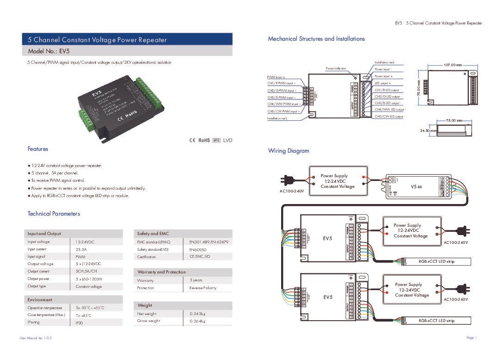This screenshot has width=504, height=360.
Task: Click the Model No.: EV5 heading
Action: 49,51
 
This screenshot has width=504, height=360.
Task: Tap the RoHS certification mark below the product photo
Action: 204,140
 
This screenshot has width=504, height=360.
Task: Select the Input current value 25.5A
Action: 81,249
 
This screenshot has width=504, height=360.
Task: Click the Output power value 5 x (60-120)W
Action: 89,279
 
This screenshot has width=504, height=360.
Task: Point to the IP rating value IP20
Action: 80,323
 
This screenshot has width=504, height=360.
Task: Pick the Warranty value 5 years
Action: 196,280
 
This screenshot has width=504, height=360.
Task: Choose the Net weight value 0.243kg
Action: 197,314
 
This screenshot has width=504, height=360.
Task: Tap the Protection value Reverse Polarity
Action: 203,288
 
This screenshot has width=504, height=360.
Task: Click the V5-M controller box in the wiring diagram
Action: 418,186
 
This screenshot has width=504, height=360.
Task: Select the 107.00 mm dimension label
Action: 453,65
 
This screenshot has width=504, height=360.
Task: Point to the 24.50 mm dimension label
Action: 428,131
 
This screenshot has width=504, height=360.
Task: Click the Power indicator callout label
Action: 336,68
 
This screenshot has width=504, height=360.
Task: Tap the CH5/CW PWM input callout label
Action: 283,112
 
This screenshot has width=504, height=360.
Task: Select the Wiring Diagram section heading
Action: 289,151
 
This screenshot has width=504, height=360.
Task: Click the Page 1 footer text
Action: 471,338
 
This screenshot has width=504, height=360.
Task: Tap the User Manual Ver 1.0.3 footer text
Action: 36,338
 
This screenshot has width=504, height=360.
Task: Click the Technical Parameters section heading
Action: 54,214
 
